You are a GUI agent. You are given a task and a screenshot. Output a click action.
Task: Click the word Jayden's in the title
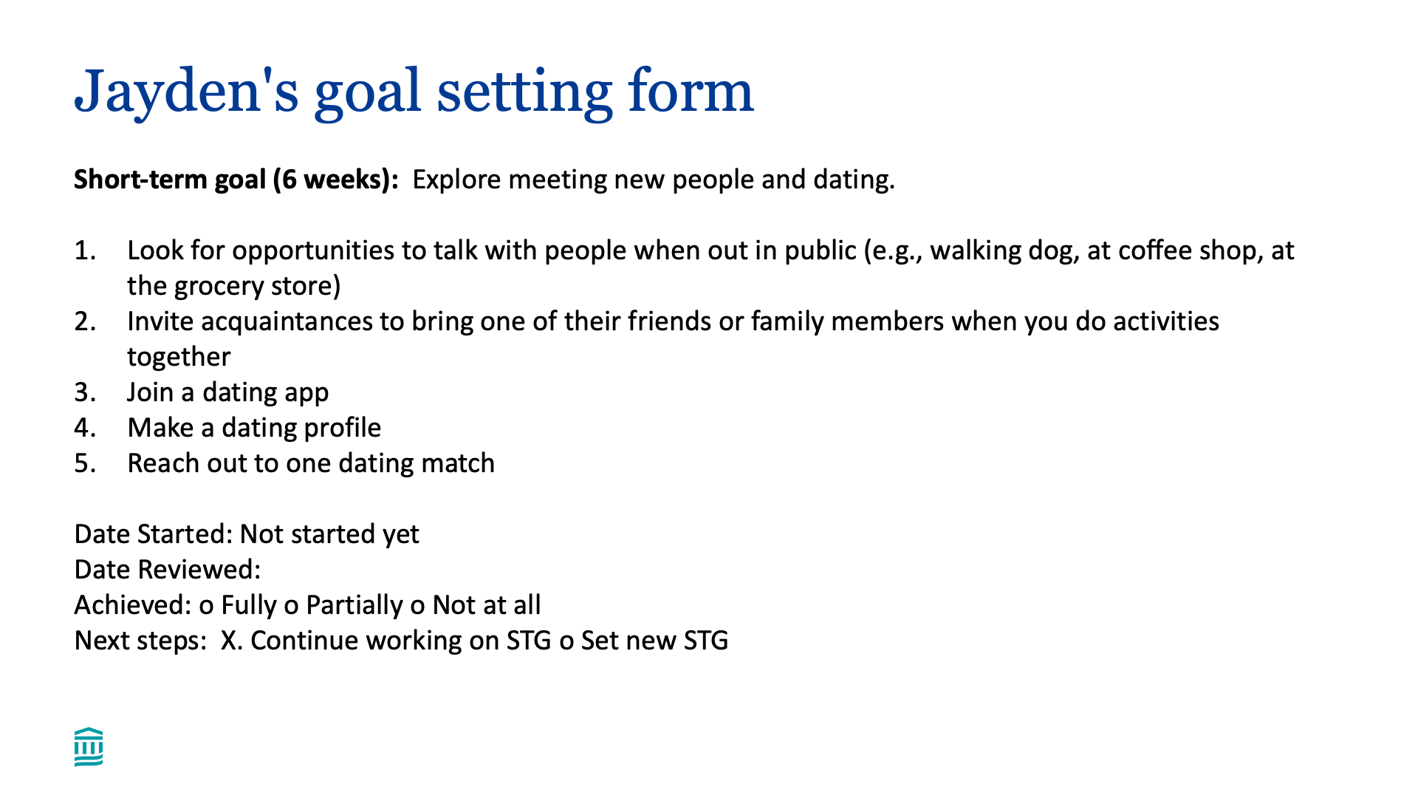coord(187,93)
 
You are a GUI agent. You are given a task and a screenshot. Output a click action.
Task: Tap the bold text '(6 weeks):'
coord(335,180)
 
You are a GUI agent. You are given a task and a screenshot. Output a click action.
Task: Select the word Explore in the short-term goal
coord(456,180)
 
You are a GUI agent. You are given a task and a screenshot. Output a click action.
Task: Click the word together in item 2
coord(179,358)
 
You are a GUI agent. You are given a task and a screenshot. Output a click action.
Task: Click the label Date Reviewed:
coord(168,570)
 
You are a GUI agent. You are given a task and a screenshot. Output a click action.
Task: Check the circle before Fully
coord(206,607)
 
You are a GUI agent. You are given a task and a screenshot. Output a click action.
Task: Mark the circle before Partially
coord(291,607)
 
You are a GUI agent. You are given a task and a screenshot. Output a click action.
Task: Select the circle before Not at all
coord(418,607)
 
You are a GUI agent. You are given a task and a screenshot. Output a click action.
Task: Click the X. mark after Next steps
coord(231,641)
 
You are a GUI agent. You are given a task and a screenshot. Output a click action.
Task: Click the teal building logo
coord(89,747)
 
